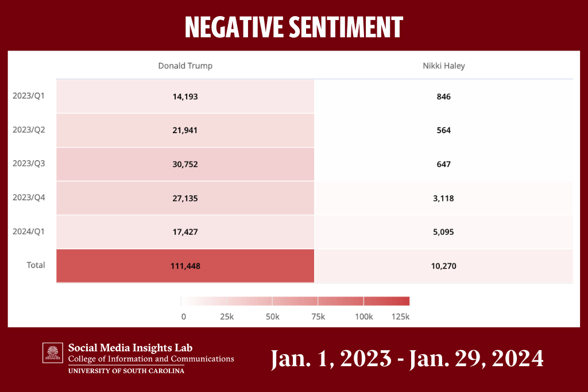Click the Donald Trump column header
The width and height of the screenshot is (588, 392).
pos(185,66)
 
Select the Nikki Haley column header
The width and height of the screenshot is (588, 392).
pos(443,66)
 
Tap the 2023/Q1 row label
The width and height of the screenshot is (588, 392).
pos(29,96)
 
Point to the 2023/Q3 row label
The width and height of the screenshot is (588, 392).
pos(29,164)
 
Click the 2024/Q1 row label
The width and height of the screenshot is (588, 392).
pos(29,231)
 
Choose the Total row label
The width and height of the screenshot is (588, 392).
pos(35,265)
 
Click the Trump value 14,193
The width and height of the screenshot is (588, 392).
pos(185,96)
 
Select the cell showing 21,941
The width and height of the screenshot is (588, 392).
pos(185,130)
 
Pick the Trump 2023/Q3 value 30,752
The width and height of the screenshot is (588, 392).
pos(185,164)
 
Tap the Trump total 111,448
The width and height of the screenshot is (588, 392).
pos(185,266)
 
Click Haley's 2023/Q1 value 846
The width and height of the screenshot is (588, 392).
pos(443,96)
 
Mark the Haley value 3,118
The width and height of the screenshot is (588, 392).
pos(443,198)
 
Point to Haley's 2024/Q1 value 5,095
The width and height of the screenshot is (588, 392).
pos(443,232)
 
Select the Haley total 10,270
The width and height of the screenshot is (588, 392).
pos(443,266)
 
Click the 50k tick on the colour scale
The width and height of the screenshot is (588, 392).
pos(272,316)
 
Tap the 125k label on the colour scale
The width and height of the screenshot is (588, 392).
pos(400,316)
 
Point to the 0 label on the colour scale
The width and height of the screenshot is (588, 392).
pos(183,316)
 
